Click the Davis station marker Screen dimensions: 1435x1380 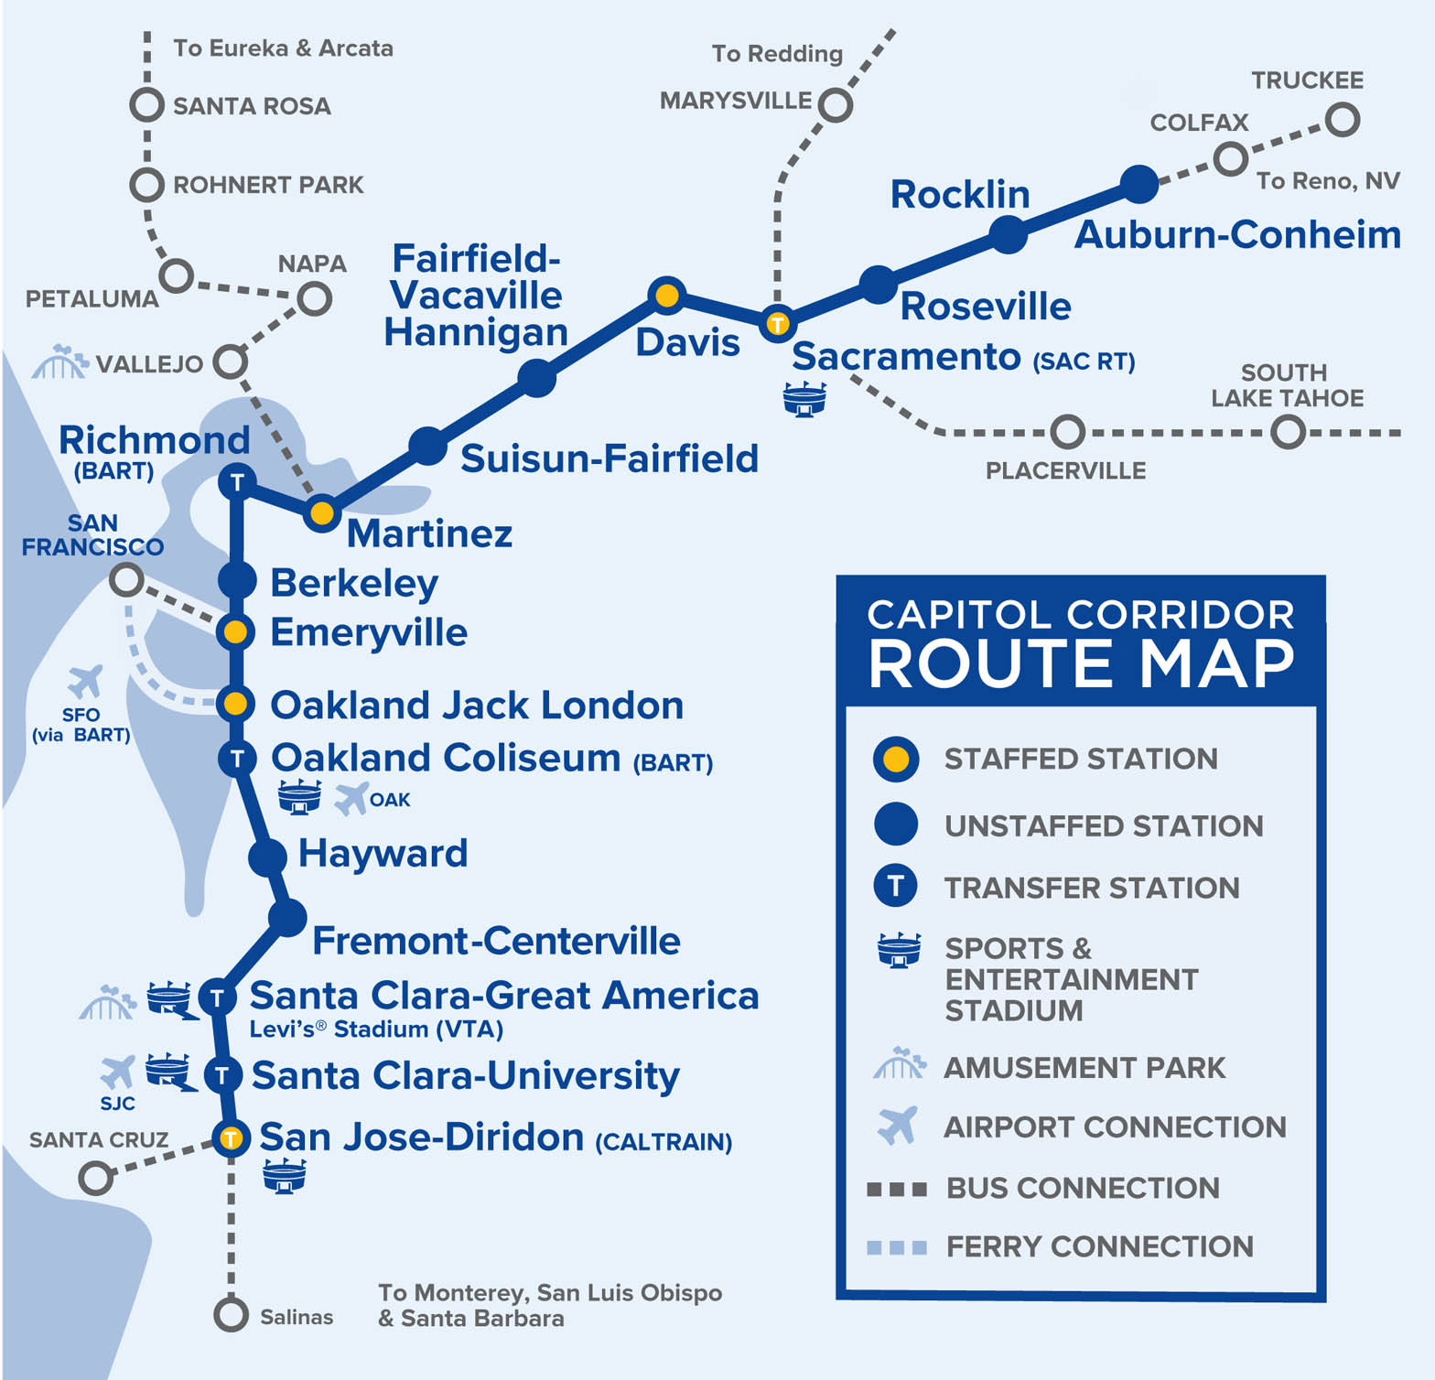pos(667,295)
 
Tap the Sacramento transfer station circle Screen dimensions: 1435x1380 pos(777,323)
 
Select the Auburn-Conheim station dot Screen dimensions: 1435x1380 pos(1139,184)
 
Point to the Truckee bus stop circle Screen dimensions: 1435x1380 pos(1342,119)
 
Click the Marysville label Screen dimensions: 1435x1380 pos(736,100)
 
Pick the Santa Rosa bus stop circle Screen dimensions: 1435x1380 pos(146,104)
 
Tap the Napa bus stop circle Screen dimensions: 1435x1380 pos(314,298)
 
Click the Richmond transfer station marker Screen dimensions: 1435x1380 pos(236,480)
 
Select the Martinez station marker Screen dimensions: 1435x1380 pos(322,513)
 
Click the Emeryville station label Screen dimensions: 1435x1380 pos(369,632)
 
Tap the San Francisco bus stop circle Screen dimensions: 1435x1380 pos(126,578)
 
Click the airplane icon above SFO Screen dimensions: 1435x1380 pos(85,682)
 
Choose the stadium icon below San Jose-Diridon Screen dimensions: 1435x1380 pos(285,1176)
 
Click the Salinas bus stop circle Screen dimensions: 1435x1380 pos(231,1315)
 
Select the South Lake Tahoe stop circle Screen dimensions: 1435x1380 pos(1289,431)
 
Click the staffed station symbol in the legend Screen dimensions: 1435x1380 pos(896,760)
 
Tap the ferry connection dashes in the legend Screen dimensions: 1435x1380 pos(897,1247)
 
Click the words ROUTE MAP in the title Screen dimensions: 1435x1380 pos(1081,664)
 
